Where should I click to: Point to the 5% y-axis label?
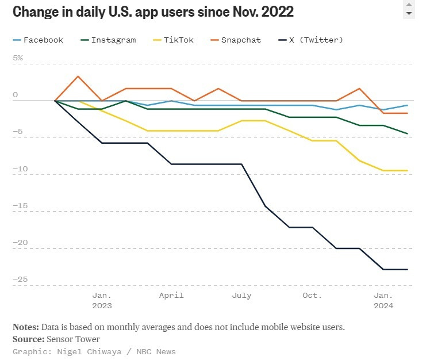[x=18, y=58]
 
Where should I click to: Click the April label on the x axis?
[x=171, y=296]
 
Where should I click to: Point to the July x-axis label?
[x=241, y=296]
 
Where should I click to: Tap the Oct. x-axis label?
[x=312, y=296]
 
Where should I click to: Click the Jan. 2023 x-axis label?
[x=102, y=301]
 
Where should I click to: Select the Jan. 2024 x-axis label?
[x=383, y=301]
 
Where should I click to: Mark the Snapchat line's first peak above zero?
[x=78, y=76]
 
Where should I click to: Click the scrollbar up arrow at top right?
[x=409, y=5]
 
